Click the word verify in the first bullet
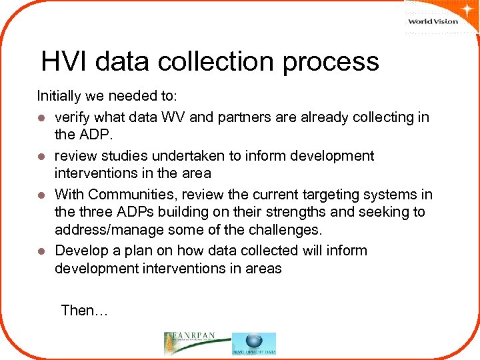[x=73, y=117]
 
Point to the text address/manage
[x=107, y=231]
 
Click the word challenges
[x=283, y=231]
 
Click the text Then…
[x=84, y=310]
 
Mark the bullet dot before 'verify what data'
[x=41, y=118]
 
